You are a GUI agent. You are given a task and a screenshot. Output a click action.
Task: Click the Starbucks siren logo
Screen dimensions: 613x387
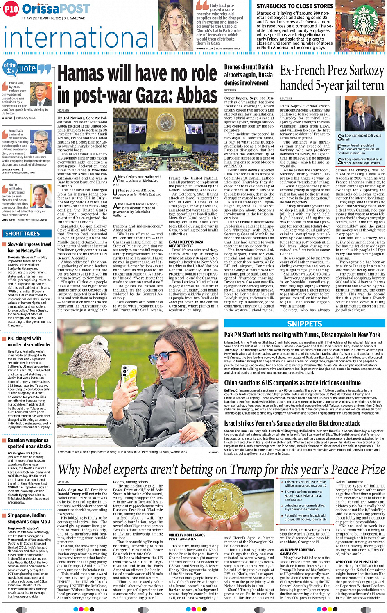tap(366, 20)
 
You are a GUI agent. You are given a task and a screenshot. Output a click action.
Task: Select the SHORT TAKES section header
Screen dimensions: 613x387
tap(23, 234)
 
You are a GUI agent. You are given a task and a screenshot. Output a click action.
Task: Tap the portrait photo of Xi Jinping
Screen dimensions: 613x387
tap(41, 95)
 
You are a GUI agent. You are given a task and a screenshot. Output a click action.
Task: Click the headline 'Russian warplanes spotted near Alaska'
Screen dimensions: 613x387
tap(29, 443)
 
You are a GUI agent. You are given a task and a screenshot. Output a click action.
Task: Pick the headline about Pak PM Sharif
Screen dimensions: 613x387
tap(302, 335)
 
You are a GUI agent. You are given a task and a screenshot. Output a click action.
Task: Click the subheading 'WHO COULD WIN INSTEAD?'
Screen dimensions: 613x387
tap(356, 562)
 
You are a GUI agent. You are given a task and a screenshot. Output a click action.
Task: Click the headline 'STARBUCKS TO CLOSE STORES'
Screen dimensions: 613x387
tap(295, 6)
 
